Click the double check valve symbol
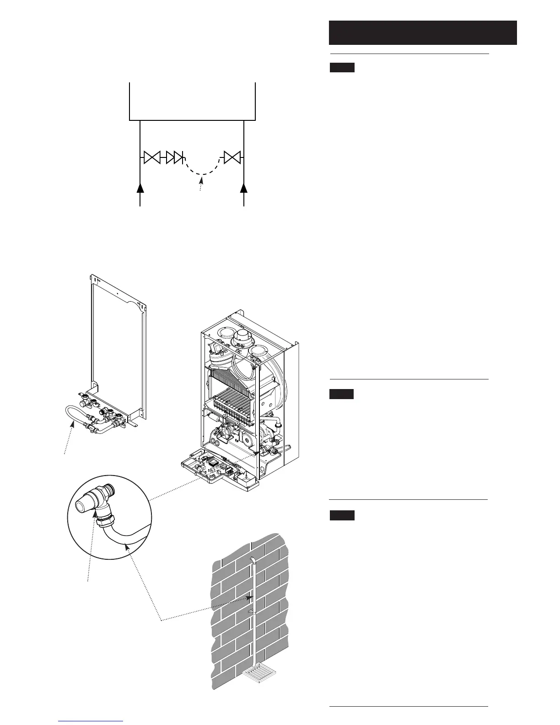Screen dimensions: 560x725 pos(175,158)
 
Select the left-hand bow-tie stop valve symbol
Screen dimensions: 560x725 pos(151,158)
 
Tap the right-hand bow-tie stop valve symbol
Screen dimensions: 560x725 pos(232,158)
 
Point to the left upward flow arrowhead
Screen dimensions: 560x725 pos(140,188)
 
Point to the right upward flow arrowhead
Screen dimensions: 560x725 pos(244,188)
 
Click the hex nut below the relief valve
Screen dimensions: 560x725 pos(101,522)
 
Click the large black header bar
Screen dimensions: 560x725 pos(422,32)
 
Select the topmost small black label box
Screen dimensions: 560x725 pos(342,68)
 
